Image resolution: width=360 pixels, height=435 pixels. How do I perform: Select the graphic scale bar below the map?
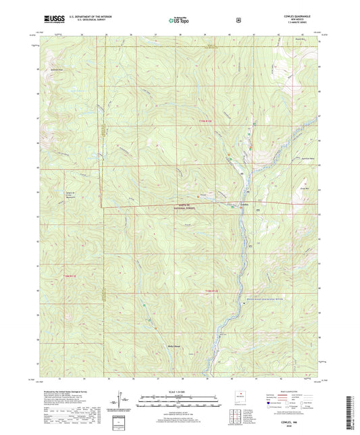point(180,401)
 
